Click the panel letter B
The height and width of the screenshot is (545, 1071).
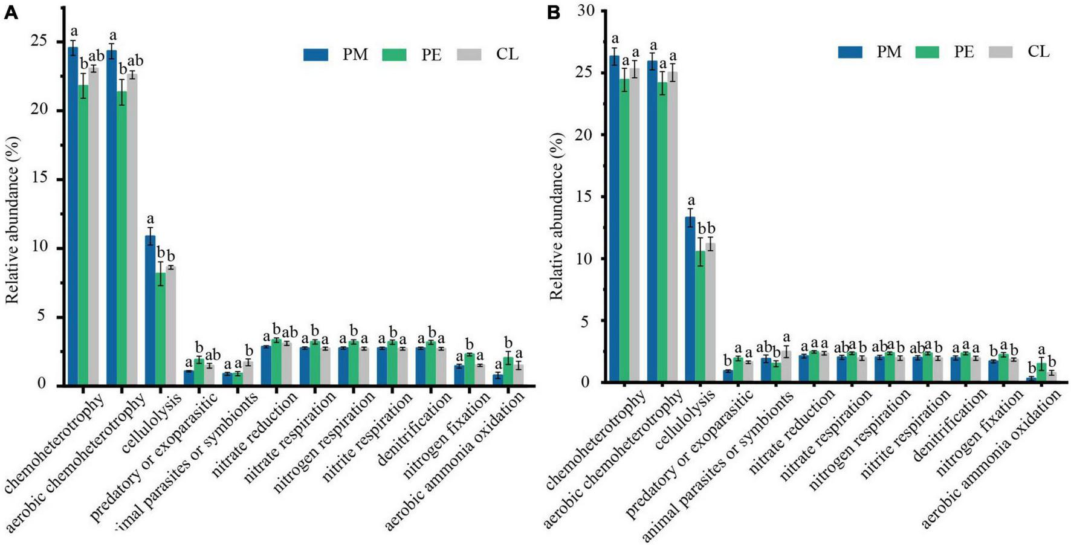554,13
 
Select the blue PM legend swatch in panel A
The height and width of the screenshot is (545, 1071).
315,54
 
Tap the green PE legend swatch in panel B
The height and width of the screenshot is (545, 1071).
927,52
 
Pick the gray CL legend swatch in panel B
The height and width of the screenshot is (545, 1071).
1000,52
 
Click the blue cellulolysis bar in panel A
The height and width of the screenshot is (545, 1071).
150,310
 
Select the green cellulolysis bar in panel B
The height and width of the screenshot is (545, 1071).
699,317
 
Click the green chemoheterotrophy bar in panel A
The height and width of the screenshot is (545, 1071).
83,234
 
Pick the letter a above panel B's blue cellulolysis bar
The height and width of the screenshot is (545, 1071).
691,201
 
